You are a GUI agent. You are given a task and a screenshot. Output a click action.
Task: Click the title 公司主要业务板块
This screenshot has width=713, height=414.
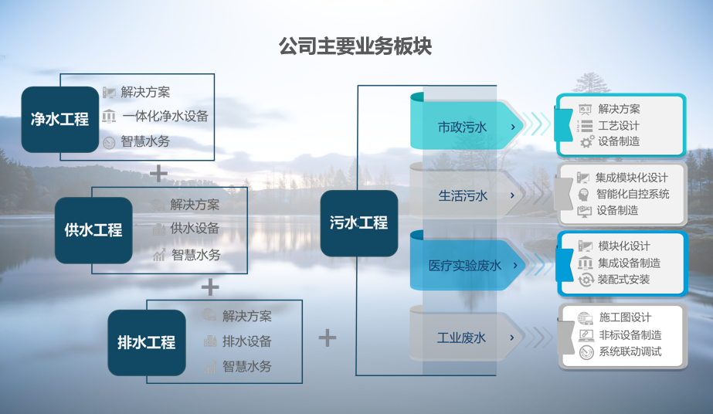click(355, 46)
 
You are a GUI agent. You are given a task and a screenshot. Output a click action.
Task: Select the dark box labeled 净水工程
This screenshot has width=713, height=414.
click(60, 120)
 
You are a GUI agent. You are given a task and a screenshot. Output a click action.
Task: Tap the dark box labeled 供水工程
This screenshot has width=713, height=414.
click(93, 230)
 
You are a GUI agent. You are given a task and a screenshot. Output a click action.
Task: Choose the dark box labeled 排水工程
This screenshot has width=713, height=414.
click(147, 343)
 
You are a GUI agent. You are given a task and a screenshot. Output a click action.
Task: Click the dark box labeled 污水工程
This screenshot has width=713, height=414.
click(359, 223)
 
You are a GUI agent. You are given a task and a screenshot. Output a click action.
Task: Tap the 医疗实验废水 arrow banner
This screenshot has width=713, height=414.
click(467, 265)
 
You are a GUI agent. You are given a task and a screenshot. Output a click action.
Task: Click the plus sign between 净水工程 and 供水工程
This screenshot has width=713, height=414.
click(158, 173)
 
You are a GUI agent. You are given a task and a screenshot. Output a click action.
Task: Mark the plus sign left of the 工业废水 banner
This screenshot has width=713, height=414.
click(328, 338)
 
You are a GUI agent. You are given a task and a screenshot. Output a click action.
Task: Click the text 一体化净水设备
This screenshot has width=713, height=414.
click(165, 117)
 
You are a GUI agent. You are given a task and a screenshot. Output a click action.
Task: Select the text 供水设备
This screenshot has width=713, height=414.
click(195, 228)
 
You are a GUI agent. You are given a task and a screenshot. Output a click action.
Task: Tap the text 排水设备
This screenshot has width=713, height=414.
click(247, 341)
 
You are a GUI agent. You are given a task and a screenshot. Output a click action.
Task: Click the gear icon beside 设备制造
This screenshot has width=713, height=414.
click(587, 141)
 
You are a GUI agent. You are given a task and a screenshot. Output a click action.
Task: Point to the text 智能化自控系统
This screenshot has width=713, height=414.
click(633, 194)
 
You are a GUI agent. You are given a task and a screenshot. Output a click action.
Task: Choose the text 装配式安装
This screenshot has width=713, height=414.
click(623, 280)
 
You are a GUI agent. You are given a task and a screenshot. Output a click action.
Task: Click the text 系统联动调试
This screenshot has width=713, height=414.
click(630, 351)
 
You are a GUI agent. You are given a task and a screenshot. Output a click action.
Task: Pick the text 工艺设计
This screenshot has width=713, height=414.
click(619, 125)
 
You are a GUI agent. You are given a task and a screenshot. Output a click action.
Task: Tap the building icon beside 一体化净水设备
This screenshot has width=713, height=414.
click(109, 117)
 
